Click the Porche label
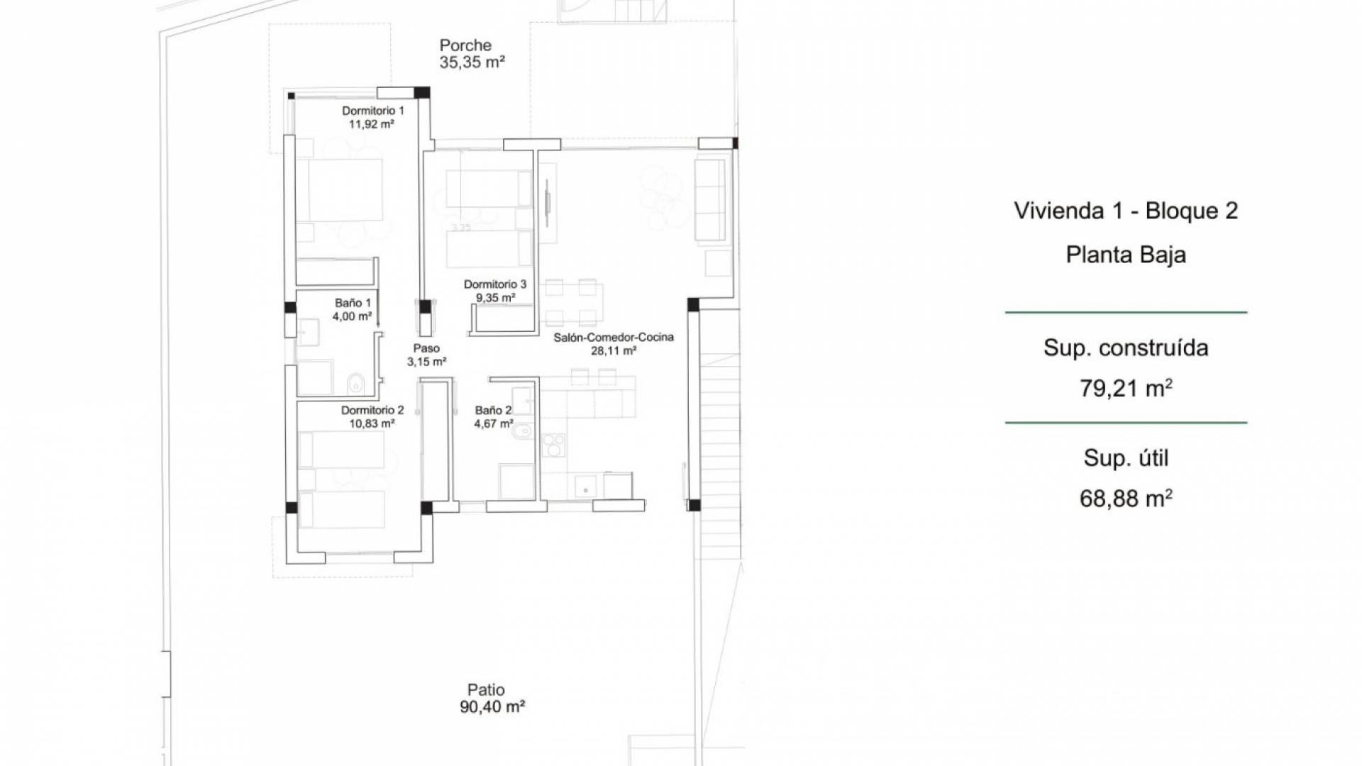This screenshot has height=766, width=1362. (x=465, y=45)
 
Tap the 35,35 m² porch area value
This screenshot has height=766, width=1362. (x=472, y=62)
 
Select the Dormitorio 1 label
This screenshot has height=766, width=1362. (x=373, y=111)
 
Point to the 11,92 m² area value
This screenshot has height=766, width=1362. (x=371, y=124)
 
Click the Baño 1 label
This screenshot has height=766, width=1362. (x=353, y=303)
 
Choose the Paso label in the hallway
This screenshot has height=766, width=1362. (x=426, y=348)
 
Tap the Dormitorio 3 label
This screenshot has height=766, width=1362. (x=495, y=284)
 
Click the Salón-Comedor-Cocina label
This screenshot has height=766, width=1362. (x=614, y=337)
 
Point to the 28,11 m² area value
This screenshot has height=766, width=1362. (x=614, y=350)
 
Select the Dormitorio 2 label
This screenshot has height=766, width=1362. (x=372, y=410)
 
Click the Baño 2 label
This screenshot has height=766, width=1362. (x=493, y=410)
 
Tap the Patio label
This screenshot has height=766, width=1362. (x=486, y=689)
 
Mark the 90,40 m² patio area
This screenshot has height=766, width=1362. (x=492, y=706)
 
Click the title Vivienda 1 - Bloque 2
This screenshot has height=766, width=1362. (x=1126, y=211)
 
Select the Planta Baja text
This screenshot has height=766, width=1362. (x=1126, y=255)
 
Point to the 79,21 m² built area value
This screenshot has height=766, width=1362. (x=1126, y=388)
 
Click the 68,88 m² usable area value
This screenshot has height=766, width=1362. (x=1126, y=499)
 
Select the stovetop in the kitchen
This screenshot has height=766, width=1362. (x=553, y=445)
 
